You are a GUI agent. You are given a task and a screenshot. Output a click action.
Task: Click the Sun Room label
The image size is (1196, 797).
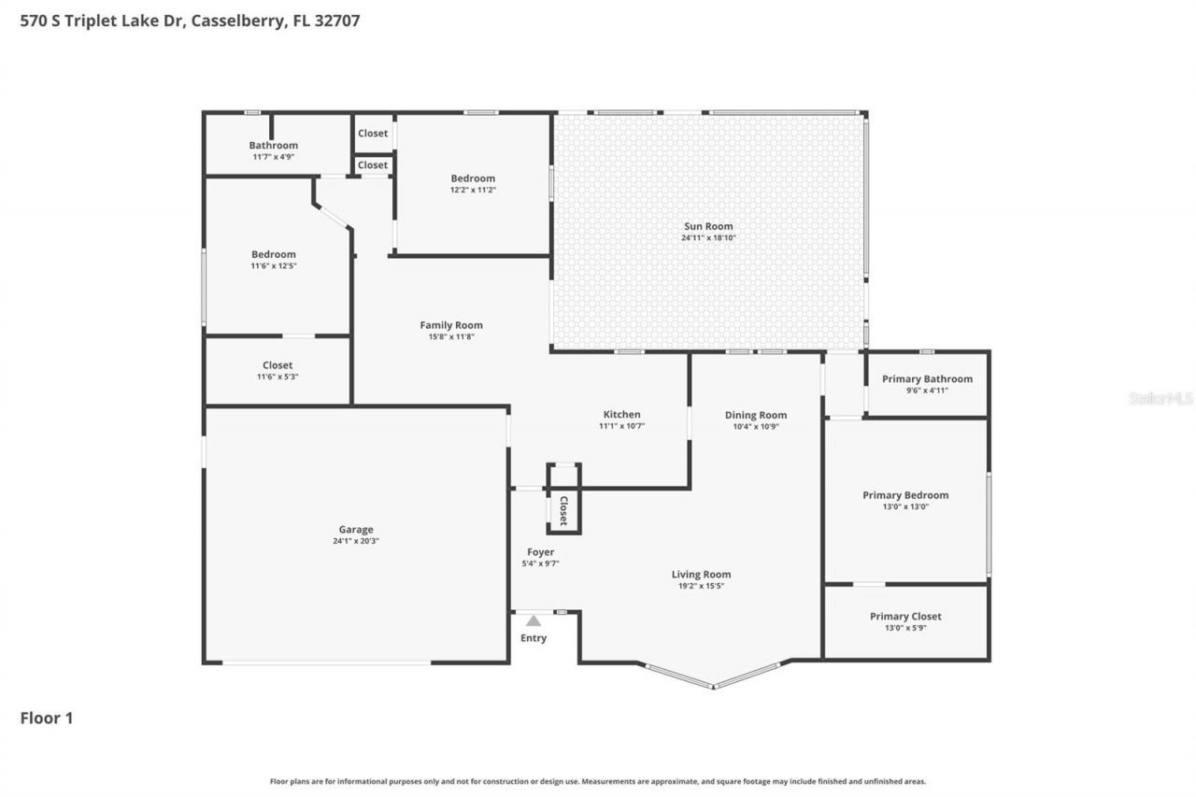point(706,226)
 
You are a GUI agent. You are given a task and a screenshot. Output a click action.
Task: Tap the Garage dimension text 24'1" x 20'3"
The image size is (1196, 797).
point(355,541)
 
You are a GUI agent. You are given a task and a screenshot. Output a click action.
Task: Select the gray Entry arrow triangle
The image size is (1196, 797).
point(533,620)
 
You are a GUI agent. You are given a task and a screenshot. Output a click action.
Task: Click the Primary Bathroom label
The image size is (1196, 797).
point(927,378)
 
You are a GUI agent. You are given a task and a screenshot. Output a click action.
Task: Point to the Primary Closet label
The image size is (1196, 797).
point(905,616)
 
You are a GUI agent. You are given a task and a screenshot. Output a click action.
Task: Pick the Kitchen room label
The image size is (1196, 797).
point(621,414)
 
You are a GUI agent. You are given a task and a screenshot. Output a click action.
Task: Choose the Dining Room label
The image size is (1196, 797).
point(756,415)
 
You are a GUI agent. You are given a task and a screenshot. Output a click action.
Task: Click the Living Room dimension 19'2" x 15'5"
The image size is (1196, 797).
point(701,586)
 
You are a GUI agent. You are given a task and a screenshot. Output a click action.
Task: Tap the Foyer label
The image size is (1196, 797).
point(540,552)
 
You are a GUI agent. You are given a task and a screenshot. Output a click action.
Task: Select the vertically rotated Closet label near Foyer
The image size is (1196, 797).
point(563,511)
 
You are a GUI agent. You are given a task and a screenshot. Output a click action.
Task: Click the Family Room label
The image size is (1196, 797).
point(451,325)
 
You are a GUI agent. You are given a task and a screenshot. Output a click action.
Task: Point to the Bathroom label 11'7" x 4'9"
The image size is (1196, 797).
point(273,145)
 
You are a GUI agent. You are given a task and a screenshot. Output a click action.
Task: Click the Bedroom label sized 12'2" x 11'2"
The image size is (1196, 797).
point(473,178)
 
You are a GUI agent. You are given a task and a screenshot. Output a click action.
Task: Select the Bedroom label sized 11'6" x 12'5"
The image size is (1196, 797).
point(273,254)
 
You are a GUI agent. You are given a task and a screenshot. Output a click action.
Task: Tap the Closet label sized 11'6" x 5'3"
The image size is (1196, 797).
point(278,365)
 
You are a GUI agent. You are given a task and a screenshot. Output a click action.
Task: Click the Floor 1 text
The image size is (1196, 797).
point(46,718)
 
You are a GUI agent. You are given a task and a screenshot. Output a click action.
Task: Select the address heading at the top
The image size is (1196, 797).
point(190,21)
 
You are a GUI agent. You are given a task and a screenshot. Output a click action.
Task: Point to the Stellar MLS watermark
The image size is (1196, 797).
point(1160,398)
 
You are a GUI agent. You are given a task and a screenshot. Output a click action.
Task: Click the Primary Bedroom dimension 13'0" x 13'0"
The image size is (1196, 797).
point(904,506)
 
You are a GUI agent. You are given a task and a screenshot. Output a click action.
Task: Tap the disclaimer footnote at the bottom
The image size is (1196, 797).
point(598,781)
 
